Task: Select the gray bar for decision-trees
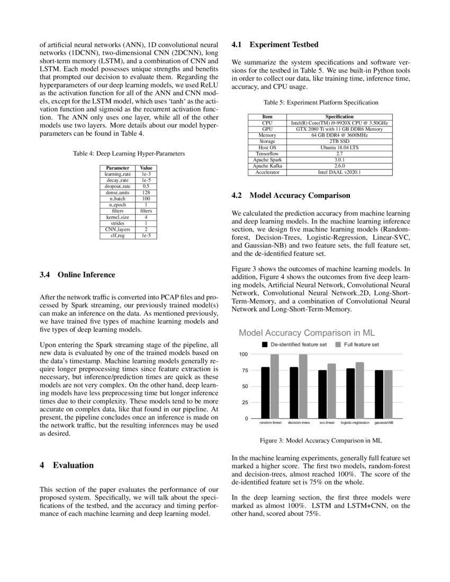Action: pyautogui.click(x=303, y=386)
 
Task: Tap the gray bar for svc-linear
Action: pyautogui.click(x=331, y=391)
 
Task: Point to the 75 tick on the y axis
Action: pyautogui.click(x=244, y=370)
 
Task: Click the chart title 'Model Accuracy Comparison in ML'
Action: pyautogui.click(x=307, y=333)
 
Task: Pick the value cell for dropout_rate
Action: pyautogui.click(x=146, y=186)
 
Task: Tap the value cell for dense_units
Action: pyautogui.click(x=146, y=192)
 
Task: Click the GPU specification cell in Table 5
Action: pyautogui.click(x=339, y=129)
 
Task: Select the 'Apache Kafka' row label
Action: pyautogui.click(x=268, y=166)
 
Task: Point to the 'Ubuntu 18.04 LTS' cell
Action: pyautogui.click(x=339, y=147)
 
